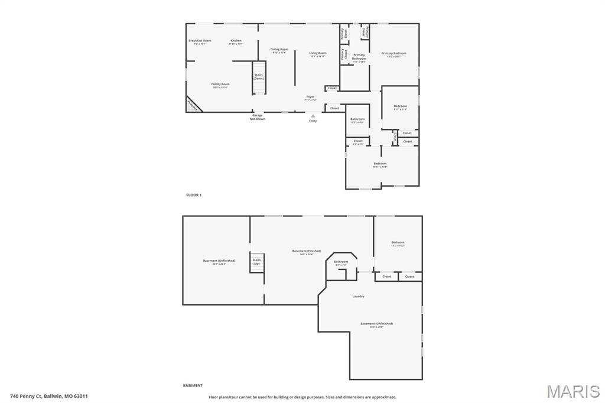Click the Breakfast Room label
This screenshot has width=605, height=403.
[x=200, y=41]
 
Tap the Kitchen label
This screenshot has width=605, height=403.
[x=236, y=41]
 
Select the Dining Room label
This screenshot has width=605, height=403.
[x=279, y=50]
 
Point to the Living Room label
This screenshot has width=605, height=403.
[x=318, y=54]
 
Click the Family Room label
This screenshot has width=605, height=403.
[x=220, y=85]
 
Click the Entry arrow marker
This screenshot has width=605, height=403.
[x=313, y=116]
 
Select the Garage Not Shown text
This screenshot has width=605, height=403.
[x=257, y=117]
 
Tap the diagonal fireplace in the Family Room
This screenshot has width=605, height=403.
[x=193, y=105]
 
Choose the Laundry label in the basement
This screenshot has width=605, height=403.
[x=358, y=296]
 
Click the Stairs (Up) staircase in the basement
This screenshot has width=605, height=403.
[x=256, y=263]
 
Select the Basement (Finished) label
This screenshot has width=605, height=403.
[x=307, y=252]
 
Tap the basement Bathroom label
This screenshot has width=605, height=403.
[x=341, y=262]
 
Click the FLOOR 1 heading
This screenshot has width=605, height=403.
[x=194, y=194]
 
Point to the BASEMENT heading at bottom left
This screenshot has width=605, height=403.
[x=193, y=385]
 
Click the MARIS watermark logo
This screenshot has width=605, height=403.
[x=573, y=391]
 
